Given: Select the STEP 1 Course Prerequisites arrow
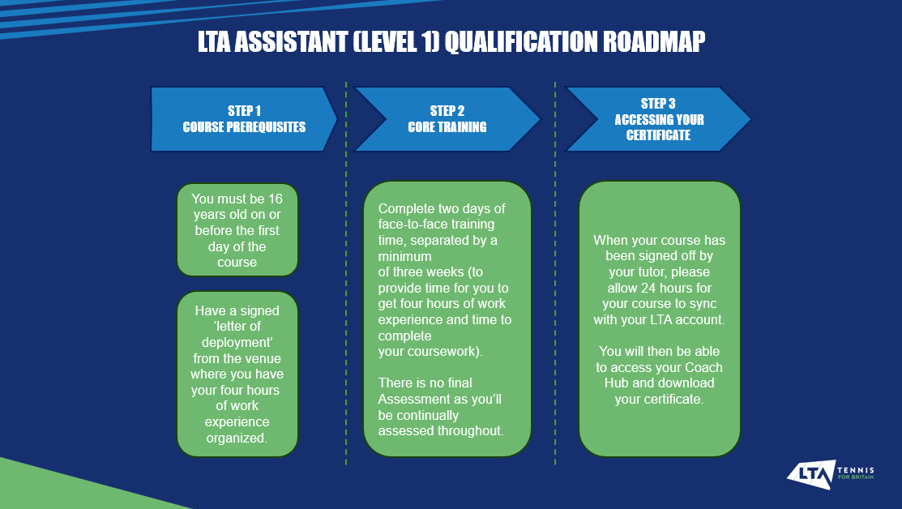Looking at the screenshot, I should pos(244,119).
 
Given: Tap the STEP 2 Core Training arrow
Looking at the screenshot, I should pos(447,119).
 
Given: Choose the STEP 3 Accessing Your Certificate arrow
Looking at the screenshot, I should pos(657,119).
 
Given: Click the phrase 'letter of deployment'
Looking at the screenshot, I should pos(237,335).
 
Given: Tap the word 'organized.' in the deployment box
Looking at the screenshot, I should pos(237,438).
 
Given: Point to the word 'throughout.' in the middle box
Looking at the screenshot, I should pos(472,430).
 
